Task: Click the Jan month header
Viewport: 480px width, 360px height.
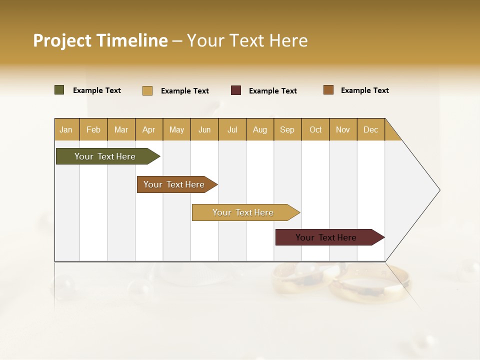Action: (x=66, y=129)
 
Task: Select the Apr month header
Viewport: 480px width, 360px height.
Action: (x=149, y=129)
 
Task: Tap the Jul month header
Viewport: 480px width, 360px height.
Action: (x=232, y=129)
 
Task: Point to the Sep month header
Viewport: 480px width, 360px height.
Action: (x=287, y=129)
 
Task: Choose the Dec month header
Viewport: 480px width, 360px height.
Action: (x=370, y=129)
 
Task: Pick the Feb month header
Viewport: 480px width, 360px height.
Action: (x=93, y=129)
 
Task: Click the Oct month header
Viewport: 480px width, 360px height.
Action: (x=315, y=129)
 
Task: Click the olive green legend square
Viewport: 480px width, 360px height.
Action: (x=59, y=90)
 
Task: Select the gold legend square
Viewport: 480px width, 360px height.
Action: (x=147, y=90)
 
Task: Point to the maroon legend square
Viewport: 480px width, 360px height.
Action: (x=236, y=90)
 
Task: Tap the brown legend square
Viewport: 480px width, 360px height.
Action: (x=328, y=90)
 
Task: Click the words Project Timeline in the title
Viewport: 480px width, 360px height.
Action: (x=100, y=40)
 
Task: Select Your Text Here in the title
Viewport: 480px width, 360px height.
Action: (x=247, y=40)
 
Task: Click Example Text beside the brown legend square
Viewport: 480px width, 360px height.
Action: (x=364, y=90)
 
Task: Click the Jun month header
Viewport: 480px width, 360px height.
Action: (x=204, y=129)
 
